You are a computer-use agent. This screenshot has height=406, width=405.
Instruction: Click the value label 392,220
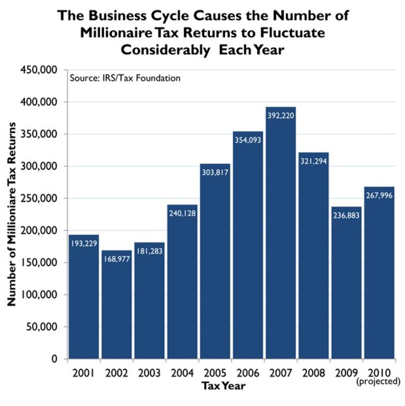(281, 116)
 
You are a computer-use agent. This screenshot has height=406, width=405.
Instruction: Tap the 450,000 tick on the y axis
(39, 70)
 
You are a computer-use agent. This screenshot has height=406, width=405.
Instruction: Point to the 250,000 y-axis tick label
(39, 198)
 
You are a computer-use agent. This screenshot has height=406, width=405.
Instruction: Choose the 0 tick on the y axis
(58, 359)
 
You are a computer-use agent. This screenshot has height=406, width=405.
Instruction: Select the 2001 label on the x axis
(84, 373)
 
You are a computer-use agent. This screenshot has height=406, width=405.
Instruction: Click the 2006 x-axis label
(248, 373)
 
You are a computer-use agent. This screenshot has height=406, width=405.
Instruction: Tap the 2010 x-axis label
(379, 373)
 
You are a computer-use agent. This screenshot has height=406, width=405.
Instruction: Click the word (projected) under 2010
(379, 381)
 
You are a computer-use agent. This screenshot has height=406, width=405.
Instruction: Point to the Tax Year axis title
(224, 386)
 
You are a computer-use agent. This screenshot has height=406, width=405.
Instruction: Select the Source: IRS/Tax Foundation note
(125, 79)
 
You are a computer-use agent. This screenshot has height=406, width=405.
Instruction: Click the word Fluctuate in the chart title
(293, 33)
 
